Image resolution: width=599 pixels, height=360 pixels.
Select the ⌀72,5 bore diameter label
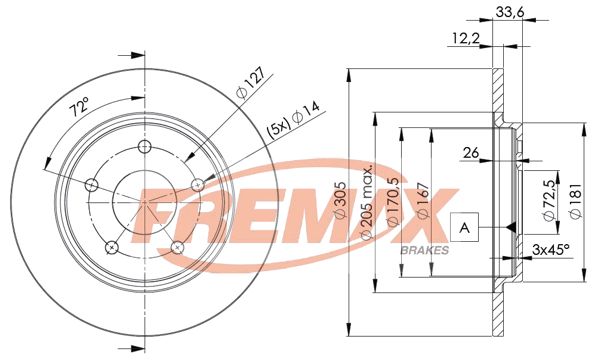point(547,196)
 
